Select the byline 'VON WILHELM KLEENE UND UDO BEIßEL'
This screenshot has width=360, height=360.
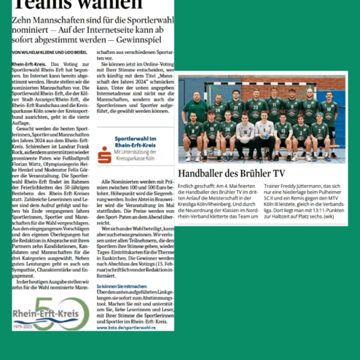44,53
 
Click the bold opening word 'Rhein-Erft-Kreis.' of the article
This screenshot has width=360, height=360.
29,65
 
